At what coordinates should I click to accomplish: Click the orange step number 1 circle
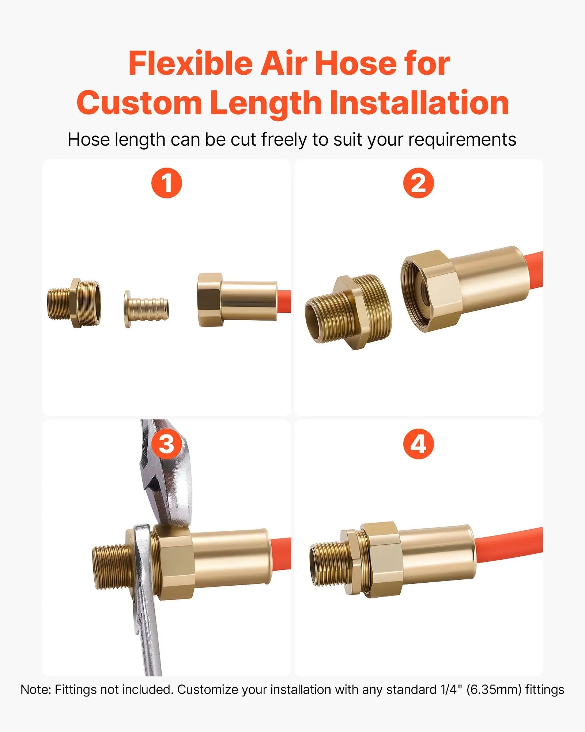click(x=167, y=183)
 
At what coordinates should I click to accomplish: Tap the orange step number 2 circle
click(x=418, y=183)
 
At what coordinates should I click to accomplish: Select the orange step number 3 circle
click(x=167, y=444)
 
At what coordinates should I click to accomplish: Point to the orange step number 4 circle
click(x=418, y=444)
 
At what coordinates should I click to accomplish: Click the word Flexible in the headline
click(x=190, y=64)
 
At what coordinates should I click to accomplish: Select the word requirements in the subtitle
click(x=462, y=139)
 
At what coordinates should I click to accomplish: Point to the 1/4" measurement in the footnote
click(x=450, y=690)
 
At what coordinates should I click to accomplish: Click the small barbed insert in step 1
click(x=147, y=309)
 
